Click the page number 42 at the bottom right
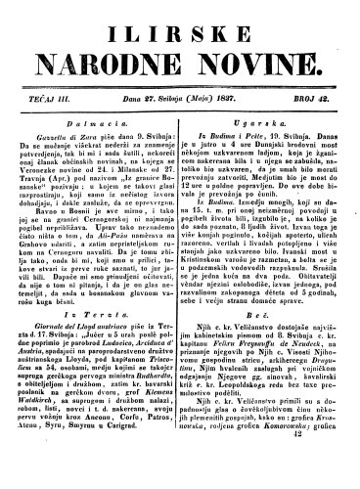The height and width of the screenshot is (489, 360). pyautogui.click(x=326, y=472)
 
